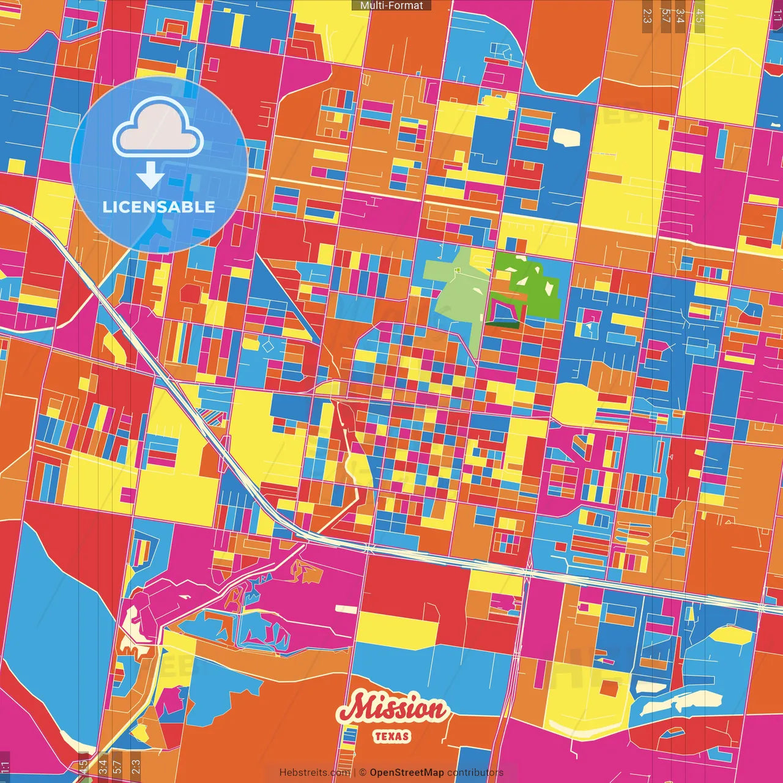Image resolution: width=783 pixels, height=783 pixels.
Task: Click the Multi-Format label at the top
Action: (391, 6)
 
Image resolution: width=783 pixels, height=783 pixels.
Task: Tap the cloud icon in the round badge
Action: (158, 128)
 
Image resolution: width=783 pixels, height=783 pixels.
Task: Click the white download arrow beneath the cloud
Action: (150, 176)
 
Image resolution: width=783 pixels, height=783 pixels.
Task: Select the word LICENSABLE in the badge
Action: (159, 207)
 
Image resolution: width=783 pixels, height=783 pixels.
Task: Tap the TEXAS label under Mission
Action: (392, 737)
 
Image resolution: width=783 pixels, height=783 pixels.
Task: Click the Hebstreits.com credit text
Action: (314, 773)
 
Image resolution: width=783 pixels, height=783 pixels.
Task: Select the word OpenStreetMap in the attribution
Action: (407, 773)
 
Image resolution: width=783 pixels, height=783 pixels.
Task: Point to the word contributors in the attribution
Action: (475, 773)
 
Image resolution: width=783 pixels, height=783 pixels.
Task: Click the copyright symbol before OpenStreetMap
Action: (363, 773)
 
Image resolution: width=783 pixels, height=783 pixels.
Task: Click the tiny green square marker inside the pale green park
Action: (456, 270)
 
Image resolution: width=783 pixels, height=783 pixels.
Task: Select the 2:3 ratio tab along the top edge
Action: (647, 15)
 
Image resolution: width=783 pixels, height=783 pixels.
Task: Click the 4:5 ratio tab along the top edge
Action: (700, 15)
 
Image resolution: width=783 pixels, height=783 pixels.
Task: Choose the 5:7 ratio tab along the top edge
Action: (666, 15)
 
